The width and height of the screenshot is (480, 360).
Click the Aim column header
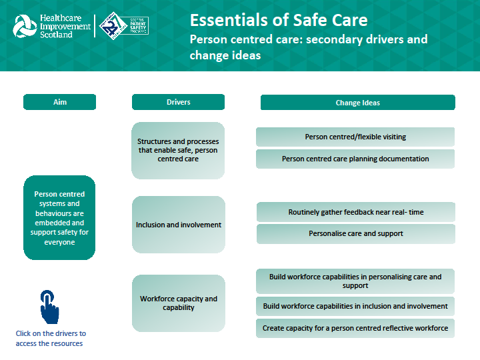59,102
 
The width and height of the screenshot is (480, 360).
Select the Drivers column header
178,102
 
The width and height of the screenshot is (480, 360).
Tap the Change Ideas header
357,103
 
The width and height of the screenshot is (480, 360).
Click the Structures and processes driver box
178,151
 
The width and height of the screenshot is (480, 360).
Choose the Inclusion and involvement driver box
178,225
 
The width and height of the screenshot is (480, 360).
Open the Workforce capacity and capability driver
178,303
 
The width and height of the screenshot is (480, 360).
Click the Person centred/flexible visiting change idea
355,137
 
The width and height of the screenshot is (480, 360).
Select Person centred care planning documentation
355,159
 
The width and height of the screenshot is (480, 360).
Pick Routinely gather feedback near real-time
355,212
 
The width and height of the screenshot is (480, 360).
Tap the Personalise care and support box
355,234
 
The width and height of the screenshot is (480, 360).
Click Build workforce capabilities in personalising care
355,281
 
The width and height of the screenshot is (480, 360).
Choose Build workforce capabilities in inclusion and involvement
355,307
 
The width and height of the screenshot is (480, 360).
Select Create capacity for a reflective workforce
355,328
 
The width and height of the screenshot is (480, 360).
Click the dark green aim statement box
59,218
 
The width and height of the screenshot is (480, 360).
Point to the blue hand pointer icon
49,307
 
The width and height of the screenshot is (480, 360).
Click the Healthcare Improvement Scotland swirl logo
25,26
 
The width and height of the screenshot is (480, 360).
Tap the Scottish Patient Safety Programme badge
123,26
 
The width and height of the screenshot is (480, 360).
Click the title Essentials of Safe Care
278,19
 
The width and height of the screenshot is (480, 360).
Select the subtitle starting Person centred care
309,47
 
